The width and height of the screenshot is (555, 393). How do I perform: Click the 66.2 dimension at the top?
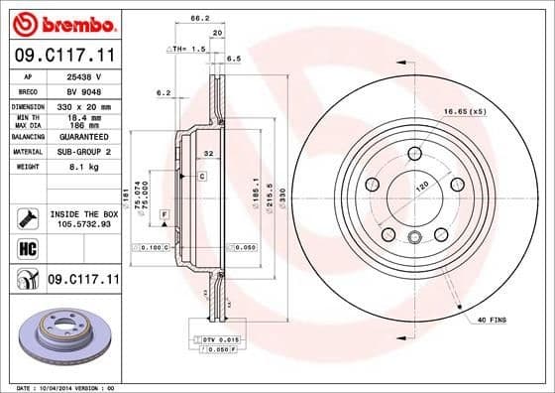tap(199, 18)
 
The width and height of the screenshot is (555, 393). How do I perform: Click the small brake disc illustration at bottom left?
tap(62, 330)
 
